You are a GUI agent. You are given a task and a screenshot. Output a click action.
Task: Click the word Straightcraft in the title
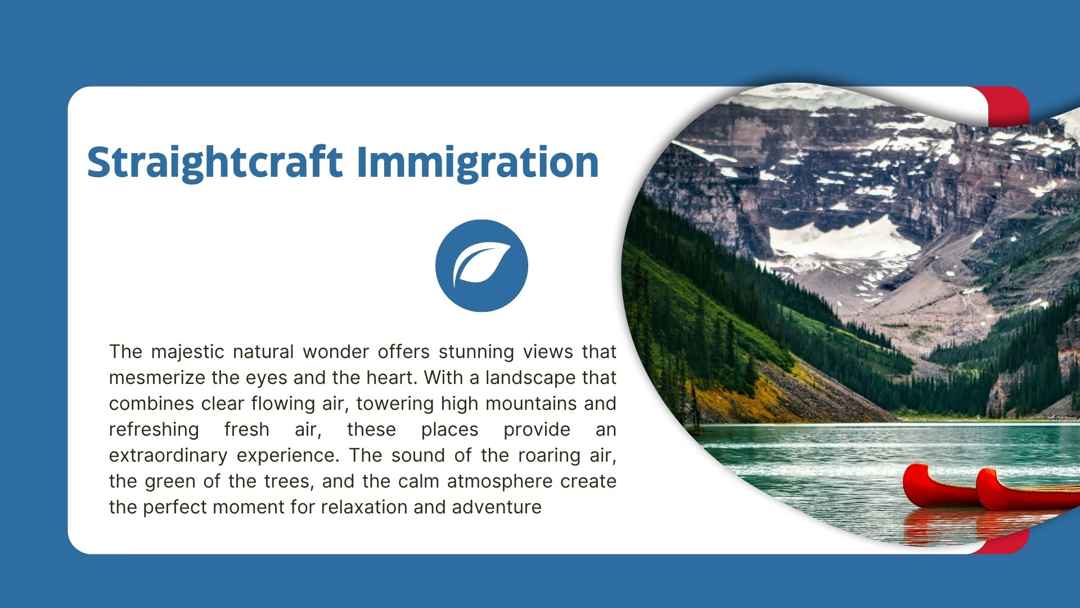(215, 163)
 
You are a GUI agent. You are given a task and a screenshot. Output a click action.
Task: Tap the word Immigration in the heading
(478, 163)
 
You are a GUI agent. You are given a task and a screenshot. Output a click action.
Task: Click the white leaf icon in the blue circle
(482, 265)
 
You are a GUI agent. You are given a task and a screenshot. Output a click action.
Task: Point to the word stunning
(476, 352)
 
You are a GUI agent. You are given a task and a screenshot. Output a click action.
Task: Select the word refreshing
(154, 430)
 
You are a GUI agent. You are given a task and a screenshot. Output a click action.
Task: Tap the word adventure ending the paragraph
(497, 507)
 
